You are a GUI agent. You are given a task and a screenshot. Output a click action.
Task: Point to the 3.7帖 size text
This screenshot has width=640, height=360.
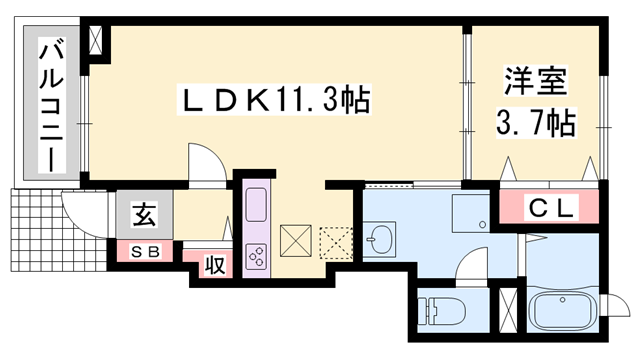[x=535, y=124]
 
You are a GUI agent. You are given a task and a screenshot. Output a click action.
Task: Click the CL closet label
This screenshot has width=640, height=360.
[x=550, y=209]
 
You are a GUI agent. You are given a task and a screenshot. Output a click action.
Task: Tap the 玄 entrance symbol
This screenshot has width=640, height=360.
[x=144, y=213]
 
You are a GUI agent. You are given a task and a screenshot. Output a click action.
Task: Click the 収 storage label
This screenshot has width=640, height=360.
[x=213, y=265]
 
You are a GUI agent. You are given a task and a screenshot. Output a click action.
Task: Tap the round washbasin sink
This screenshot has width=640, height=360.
[x=379, y=240]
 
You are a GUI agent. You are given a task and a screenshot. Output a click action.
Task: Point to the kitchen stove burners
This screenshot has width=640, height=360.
[x=255, y=257]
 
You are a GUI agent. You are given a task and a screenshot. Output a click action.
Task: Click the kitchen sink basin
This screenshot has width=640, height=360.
[x=254, y=207]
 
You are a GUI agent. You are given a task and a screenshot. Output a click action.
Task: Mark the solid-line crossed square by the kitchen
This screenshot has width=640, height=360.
[x=297, y=240]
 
